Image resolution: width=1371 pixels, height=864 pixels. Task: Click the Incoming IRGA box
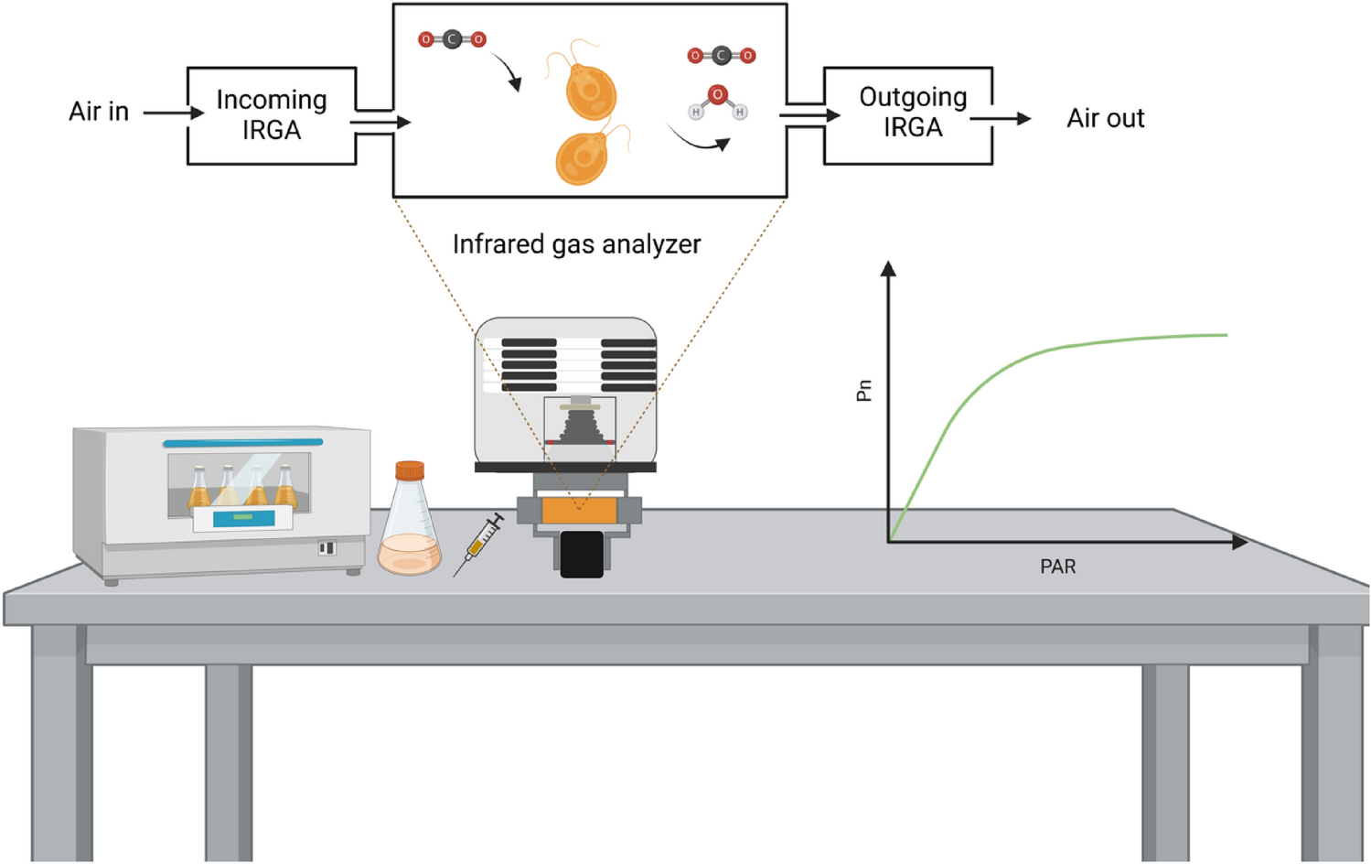271,115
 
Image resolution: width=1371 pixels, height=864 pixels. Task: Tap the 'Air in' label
99,112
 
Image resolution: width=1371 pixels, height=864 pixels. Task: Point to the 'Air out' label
1105,118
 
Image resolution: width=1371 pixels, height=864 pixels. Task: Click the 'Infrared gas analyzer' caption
576,244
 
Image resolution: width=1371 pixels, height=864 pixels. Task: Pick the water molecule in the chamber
717,103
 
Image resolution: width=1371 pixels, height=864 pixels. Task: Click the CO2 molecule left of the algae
452,39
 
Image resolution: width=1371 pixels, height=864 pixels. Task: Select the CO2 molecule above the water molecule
721,56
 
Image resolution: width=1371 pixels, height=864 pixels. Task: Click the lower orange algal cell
582,157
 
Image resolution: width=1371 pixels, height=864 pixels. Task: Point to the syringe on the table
478,545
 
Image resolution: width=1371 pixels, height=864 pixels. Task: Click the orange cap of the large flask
410,470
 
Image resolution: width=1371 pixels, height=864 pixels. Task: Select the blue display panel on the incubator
242,518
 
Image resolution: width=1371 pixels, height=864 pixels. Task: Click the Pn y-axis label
864,391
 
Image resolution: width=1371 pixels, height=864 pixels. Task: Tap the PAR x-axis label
1057,567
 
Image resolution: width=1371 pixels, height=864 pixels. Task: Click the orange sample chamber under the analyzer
578,509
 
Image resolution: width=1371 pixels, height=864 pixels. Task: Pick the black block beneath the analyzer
582,555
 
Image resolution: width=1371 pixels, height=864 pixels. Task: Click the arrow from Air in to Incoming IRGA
172,113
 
